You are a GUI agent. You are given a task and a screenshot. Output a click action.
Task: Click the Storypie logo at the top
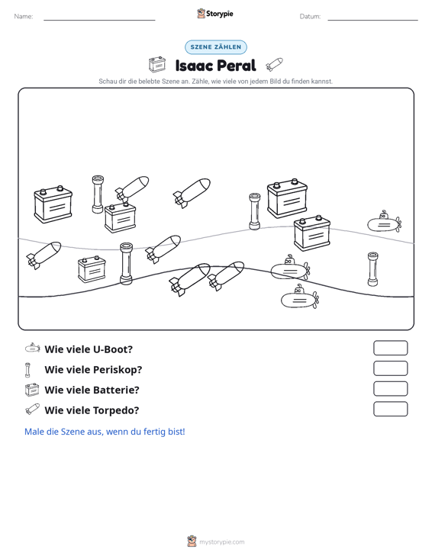pos(215,14)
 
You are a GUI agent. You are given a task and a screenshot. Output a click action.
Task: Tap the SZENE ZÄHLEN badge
pos(216,47)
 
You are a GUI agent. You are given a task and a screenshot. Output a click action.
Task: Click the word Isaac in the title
pos(194,66)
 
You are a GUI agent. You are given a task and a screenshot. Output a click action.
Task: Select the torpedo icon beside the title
pos(274,65)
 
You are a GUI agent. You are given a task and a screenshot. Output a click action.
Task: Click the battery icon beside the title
pos(157,65)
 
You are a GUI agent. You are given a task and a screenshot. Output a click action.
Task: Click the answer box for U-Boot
pos(390,348)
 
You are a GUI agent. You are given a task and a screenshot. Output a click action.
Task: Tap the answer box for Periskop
pos(390,368)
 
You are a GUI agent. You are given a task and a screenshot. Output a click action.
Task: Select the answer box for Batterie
pos(390,389)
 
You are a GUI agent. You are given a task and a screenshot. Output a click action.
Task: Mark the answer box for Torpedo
pos(390,409)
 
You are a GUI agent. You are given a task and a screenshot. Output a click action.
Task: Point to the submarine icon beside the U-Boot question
pos(33,348)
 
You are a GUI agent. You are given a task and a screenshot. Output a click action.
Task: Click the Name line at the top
pos(99,20)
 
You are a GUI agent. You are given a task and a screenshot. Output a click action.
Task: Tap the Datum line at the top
pos(372,20)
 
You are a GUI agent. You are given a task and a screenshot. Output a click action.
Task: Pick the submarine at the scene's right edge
pos(385,221)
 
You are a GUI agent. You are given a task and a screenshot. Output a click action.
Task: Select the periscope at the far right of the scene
pos(372,269)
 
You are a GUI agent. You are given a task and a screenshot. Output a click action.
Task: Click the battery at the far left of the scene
pos(53,204)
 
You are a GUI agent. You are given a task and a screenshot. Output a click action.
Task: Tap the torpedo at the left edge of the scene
pos(44,255)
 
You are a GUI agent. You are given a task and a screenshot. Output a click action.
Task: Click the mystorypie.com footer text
pos(221,542)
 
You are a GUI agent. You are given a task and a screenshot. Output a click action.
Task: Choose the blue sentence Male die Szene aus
pos(105,432)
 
